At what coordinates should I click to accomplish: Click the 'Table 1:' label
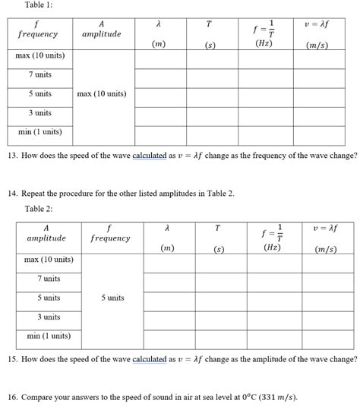[39, 6]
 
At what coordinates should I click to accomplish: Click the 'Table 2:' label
[39, 209]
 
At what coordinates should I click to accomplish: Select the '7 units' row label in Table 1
[40, 74]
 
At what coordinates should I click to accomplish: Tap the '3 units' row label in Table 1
[40, 112]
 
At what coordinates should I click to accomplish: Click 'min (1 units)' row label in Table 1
[40, 132]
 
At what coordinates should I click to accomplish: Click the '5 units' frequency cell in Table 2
[112, 298]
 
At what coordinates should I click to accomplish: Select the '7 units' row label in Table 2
[50, 279]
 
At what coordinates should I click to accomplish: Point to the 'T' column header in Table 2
[219, 227]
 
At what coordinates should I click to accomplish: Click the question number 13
[12, 155]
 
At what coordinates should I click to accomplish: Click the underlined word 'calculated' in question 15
[154, 359]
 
